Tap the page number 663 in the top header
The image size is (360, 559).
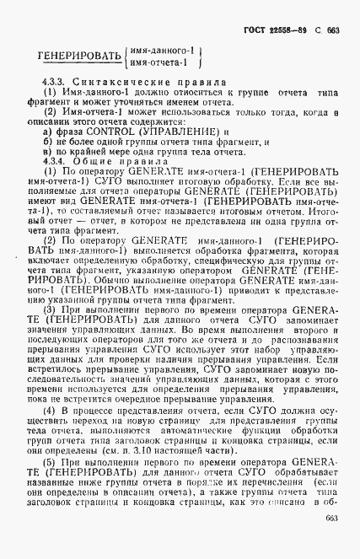click(334, 28)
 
